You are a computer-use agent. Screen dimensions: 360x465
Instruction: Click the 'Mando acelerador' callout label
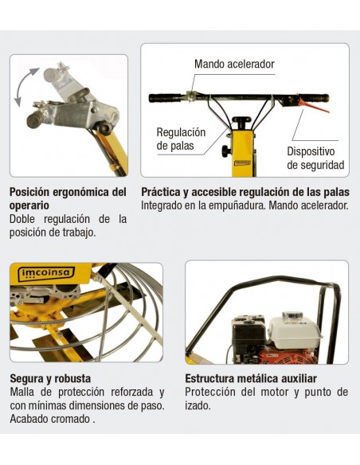pos(234,64)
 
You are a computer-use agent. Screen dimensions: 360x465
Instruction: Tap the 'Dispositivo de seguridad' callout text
pos(315,158)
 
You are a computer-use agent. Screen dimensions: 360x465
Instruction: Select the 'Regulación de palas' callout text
pos(181,139)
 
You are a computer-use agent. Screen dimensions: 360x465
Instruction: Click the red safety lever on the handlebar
pos(312,105)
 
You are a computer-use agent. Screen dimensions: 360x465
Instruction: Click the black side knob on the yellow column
pos(226,151)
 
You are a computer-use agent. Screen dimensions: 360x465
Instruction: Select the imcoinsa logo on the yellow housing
pos(47,272)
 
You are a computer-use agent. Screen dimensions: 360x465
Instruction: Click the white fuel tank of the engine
pos(294,330)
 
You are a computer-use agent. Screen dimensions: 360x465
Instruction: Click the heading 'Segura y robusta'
pos(50,378)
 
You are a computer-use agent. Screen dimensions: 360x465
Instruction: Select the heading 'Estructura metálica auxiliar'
pos(251,378)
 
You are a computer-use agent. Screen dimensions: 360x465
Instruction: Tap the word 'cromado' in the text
pos(70,419)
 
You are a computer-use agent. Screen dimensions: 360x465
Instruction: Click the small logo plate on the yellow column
pos(243,162)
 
